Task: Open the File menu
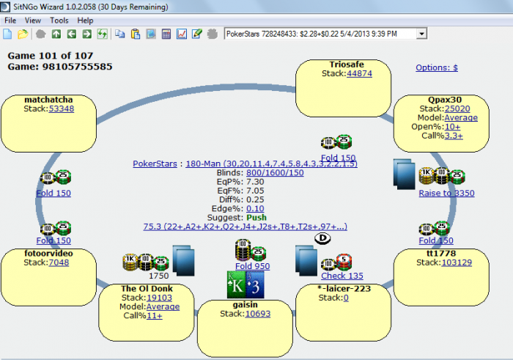click(10, 21)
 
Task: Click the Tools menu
click(59, 21)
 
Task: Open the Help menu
click(85, 21)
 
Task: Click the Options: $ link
click(437, 67)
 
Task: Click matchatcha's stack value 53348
click(62, 109)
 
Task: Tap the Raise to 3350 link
click(446, 194)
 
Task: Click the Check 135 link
click(342, 276)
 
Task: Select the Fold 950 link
click(254, 266)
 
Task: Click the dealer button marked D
click(320, 239)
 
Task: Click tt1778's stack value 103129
click(446, 262)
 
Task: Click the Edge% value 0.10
click(254, 208)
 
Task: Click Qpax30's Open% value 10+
click(452, 126)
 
